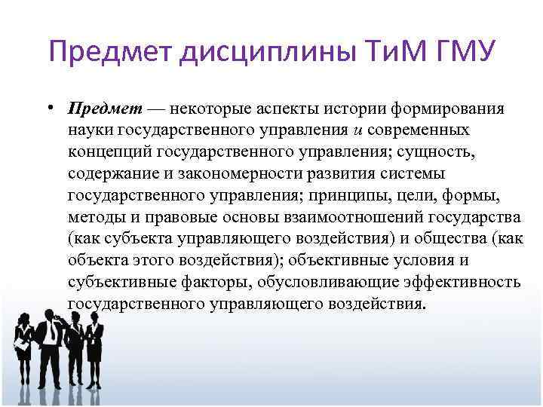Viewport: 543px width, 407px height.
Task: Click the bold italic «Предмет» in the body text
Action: [x=97, y=109]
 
